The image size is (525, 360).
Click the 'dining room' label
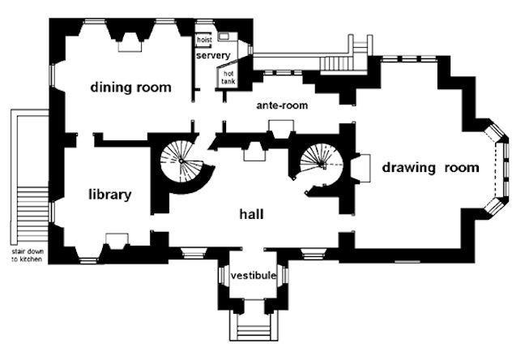(x=130, y=88)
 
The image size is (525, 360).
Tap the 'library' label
(x=109, y=195)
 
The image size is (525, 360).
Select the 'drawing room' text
(x=430, y=168)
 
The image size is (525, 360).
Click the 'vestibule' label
(x=254, y=276)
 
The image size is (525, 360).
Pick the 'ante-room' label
(x=282, y=105)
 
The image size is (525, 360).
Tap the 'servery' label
(x=212, y=55)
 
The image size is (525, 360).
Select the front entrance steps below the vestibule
(x=253, y=332)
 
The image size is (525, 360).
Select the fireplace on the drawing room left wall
(x=361, y=168)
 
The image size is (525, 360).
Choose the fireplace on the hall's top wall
(x=253, y=152)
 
